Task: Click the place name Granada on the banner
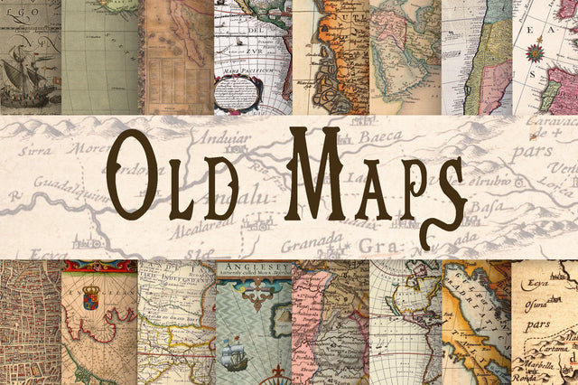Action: [x=312, y=241]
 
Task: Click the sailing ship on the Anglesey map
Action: [x=235, y=356]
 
